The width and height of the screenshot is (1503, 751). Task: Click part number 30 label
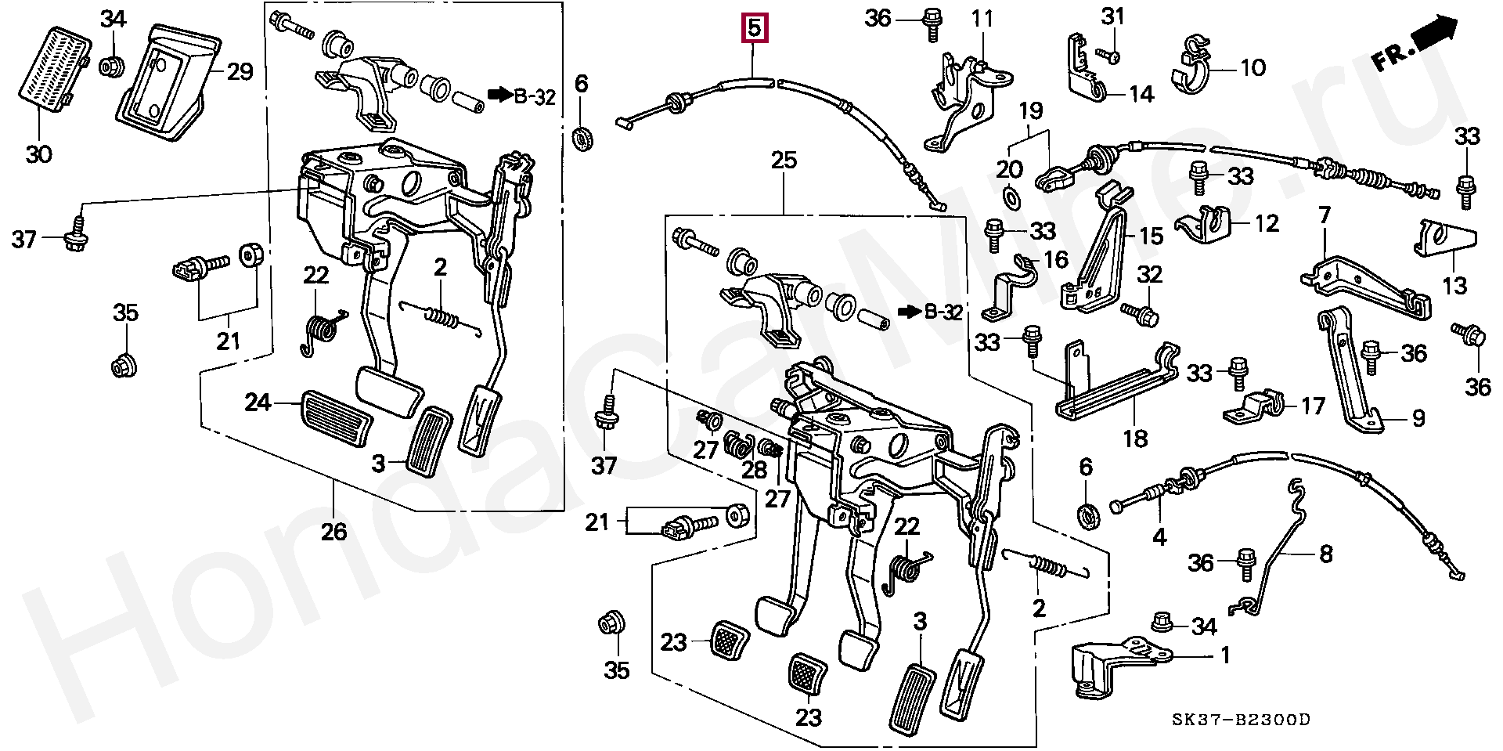pos(38,154)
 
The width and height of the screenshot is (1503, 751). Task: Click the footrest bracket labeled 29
pos(168,82)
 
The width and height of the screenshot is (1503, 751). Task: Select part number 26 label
pos(333,532)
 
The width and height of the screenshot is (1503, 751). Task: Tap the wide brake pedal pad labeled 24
pos(335,418)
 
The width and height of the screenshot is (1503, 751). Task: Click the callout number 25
pos(784,161)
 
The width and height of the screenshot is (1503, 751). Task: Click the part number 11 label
pos(982,17)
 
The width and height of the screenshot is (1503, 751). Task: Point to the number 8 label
pos(1325,554)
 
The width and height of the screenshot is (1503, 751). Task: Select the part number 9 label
pos(1418,419)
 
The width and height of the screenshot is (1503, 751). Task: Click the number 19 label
pos(1031,111)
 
